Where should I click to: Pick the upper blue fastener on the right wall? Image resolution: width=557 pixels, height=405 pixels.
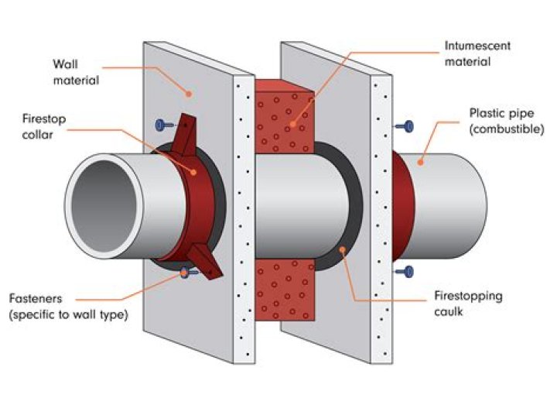click(405, 125)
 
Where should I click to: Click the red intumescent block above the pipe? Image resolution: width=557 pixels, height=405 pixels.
click(283, 116)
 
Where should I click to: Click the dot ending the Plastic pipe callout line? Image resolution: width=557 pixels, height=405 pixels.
click(419, 162)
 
